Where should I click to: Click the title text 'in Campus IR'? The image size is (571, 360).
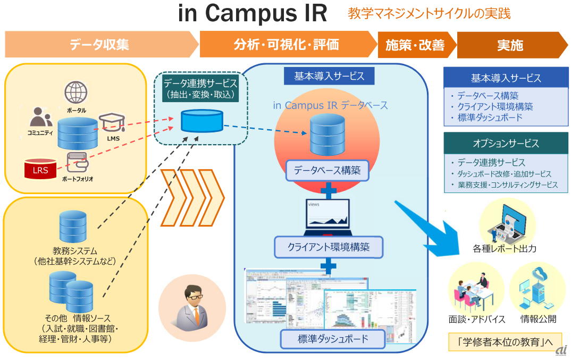click(253, 14)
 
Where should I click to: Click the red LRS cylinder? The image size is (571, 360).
click(40, 169)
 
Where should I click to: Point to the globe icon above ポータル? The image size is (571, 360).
click(76, 93)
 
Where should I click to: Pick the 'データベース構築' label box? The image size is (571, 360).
click(327, 171)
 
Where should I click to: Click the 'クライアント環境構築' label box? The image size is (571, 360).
click(328, 247)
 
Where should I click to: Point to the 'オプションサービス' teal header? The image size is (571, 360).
click(505, 143)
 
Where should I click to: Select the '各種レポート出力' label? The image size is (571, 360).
click(504, 248)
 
